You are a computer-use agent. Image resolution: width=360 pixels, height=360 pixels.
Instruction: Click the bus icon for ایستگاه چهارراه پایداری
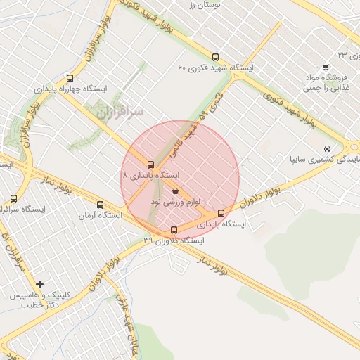click(69, 78)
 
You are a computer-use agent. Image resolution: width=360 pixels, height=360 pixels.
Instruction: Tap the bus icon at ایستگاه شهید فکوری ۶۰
click(215, 58)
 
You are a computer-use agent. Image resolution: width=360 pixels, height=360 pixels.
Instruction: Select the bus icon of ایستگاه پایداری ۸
click(150, 165)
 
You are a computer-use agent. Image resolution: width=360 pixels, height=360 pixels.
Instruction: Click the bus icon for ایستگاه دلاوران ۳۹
click(174, 230)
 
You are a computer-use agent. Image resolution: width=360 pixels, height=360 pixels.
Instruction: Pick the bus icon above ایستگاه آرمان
click(100, 205)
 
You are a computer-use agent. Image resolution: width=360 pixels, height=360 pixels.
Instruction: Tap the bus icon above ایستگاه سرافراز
click(14, 199)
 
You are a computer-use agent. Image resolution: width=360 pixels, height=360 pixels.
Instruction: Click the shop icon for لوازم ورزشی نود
click(175, 191)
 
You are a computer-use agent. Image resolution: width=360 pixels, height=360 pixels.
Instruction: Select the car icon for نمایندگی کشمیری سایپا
click(327, 149)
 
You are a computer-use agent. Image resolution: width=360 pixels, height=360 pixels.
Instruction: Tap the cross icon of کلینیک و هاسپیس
click(40, 285)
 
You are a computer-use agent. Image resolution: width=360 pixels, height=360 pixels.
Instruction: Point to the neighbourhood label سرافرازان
click(120, 112)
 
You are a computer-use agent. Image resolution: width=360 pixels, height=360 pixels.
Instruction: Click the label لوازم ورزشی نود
click(176, 202)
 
